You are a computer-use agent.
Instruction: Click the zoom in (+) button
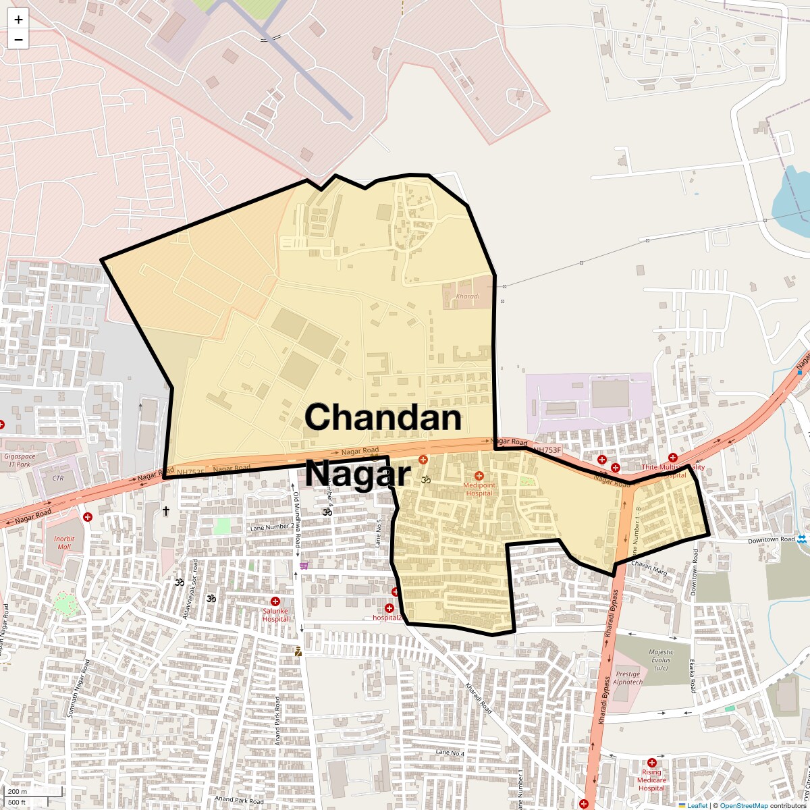[18, 20]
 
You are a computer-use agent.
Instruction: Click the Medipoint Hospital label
[479, 488]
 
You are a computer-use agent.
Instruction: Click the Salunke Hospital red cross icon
[275, 601]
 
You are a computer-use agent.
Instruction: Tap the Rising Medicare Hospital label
[651, 780]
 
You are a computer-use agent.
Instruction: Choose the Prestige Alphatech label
[628, 678]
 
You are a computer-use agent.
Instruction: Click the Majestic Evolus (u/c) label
[661, 659]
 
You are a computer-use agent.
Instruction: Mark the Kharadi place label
[467, 296]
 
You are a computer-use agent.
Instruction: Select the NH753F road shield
[546, 450]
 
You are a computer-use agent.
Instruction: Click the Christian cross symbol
[165, 511]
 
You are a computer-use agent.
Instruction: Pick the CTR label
[57, 478]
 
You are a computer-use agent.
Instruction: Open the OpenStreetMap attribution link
[743, 805]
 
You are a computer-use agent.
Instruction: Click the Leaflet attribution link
[697, 805]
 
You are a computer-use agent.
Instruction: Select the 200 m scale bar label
[18, 791]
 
